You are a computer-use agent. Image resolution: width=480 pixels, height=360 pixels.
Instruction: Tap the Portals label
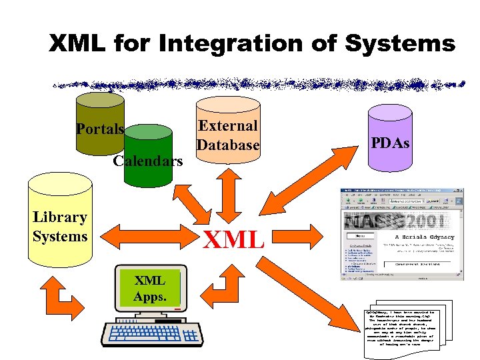click(x=100, y=129)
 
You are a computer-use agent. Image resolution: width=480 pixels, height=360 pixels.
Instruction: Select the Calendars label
click(x=147, y=161)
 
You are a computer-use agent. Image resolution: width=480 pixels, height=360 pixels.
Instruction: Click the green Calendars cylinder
click(x=152, y=143)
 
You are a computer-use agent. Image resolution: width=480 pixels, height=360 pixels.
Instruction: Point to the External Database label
click(x=227, y=135)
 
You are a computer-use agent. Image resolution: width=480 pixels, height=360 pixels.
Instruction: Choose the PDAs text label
click(x=391, y=143)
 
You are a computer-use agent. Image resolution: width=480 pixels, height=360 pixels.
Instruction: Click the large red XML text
click(x=233, y=239)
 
